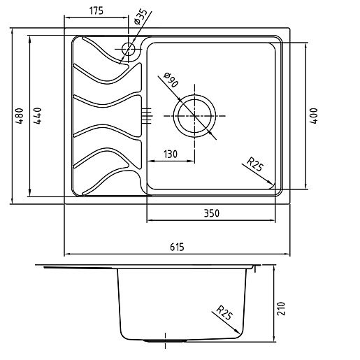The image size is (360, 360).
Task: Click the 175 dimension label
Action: pyautogui.click(x=96, y=10)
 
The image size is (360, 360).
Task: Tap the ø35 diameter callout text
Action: pyautogui.click(x=141, y=17)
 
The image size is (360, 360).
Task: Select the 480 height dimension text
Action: pyautogui.click(x=20, y=116)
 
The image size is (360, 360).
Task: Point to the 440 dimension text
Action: pyautogui.click(x=37, y=116)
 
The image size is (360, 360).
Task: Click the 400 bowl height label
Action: pyautogui.click(x=314, y=116)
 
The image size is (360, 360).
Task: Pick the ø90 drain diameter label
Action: pyautogui.click(x=171, y=80)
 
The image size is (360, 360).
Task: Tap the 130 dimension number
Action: pyautogui.click(x=170, y=154)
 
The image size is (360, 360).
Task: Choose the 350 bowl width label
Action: pyautogui.click(x=212, y=213)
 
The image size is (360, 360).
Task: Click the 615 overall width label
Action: pyautogui.click(x=177, y=247)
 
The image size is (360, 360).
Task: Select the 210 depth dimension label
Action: pyautogui.click(x=281, y=308)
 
